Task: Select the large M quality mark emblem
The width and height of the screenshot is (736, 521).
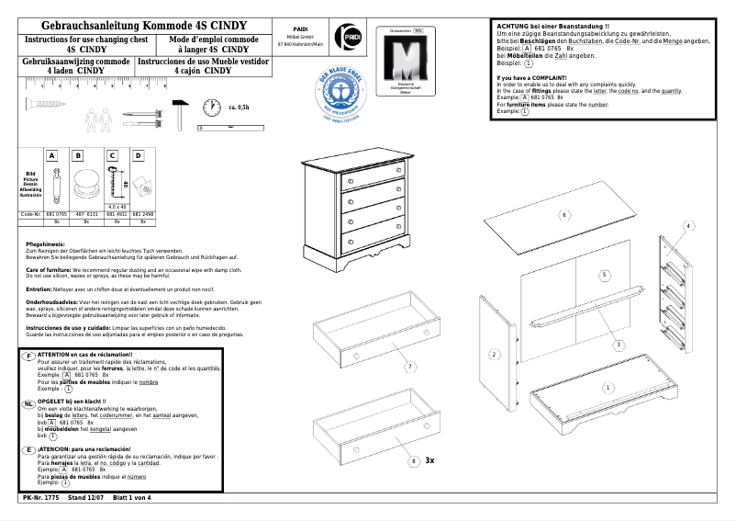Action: tap(405, 62)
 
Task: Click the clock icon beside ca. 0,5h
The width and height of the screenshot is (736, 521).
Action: tap(211, 107)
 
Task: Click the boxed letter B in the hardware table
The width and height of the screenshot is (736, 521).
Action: tap(79, 156)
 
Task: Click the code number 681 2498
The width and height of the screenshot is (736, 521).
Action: tap(143, 214)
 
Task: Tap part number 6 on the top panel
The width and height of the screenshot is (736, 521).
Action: tap(564, 215)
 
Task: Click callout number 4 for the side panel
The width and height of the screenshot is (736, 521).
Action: tap(686, 226)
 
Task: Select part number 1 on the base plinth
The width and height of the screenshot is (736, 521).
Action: tap(607, 388)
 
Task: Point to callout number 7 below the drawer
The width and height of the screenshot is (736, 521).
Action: tap(410, 367)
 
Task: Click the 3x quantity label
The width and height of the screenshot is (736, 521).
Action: tap(429, 459)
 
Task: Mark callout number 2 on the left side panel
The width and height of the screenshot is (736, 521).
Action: tap(494, 354)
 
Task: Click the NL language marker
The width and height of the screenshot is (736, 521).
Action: tap(29, 403)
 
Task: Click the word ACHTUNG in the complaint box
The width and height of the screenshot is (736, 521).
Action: tap(514, 27)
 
